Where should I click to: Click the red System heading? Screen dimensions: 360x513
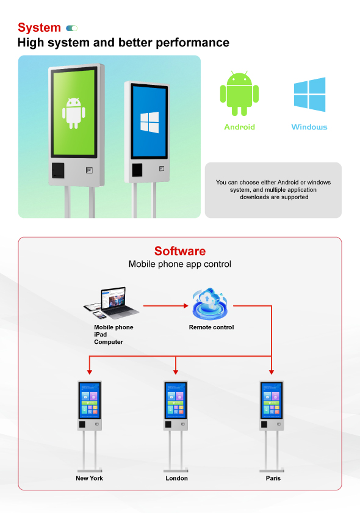coord(39,28)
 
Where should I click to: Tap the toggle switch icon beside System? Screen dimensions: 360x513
coord(71,28)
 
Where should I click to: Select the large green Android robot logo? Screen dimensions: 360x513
coord(239,93)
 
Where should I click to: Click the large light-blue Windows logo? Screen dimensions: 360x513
coord(309,94)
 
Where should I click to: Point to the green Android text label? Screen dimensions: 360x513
coord(239,127)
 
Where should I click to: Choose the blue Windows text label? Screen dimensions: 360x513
coord(309,127)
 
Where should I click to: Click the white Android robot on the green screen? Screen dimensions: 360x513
coord(74,113)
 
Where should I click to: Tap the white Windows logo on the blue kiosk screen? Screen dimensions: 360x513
coord(149,122)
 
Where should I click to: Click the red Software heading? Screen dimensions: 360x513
coord(180,251)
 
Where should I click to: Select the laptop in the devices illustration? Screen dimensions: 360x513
coord(118,303)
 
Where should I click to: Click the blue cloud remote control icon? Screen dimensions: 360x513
coord(209,304)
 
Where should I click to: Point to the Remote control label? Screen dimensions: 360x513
coord(211,327)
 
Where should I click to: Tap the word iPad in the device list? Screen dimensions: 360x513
coord(101,335)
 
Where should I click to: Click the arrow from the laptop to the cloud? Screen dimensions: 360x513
coord(166,306)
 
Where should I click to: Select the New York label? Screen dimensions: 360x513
coord(89,478)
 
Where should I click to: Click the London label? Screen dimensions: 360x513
coord(176,478)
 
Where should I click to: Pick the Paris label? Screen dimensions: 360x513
coord(273,478)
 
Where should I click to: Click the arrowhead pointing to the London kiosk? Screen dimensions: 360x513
coord(176,373)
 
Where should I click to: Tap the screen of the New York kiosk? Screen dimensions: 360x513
coord(90,400)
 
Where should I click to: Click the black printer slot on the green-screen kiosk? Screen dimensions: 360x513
coord(58,170)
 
